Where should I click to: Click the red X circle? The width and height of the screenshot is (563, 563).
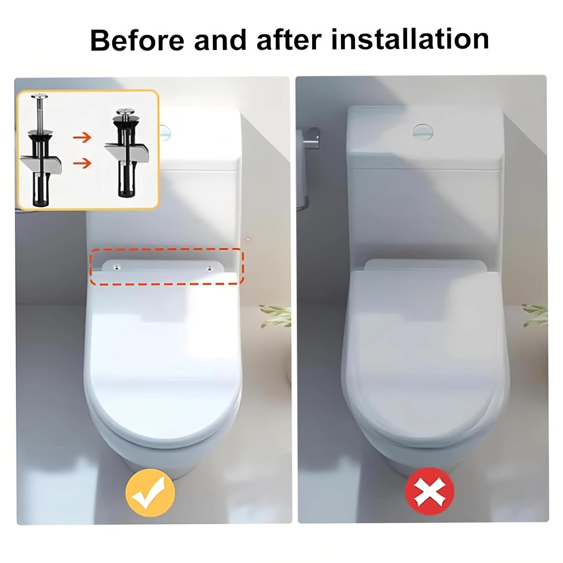[430, 491]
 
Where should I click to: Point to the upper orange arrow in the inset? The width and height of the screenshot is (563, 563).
[82, 137]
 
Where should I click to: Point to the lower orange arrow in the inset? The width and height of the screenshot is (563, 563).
[82, 163]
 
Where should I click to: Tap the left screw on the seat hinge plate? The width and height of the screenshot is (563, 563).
[116, 268]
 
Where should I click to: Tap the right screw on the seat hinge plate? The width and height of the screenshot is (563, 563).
[210, 268]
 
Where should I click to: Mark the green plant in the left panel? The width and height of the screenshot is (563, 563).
[276, 316]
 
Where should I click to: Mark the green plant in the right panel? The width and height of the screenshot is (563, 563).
[535, 315]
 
